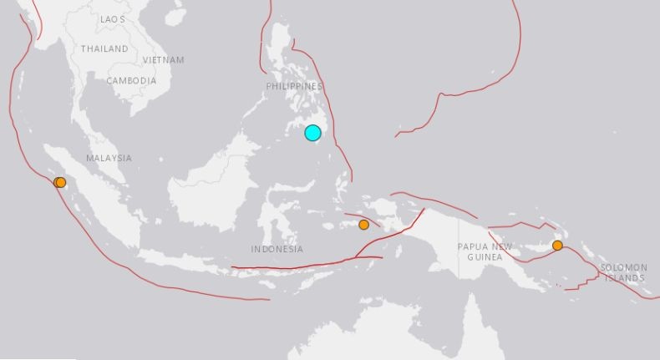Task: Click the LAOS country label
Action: tap(113, 18)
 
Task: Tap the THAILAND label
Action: tap(104, 49)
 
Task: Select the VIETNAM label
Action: tap(163, 60)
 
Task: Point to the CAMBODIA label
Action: tap(131, 81)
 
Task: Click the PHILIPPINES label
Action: tap(294, 86)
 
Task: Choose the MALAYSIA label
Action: tap(109, 158)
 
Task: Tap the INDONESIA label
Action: tap(277, 250)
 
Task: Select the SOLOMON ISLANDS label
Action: tap(622, 271)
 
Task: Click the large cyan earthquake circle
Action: tap(312, 133)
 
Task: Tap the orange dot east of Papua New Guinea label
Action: tap(557, 245)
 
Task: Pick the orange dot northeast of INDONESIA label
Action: tap(363, 224)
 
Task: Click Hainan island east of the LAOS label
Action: tap(175, 16)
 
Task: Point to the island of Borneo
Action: tap(213, 184)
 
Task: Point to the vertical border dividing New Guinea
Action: tap(459, 242)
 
